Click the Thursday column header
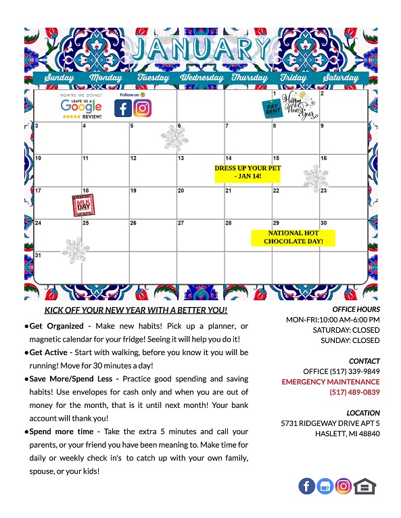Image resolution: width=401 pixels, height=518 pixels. [x=250, y=78]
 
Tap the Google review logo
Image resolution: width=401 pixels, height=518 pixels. [x=81, y=107]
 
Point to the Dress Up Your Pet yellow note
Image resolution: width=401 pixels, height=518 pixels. [x=247, y=172]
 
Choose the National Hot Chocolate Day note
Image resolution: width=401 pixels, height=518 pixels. [x=293, y=237]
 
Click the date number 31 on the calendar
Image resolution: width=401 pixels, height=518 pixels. [x=39, y=256]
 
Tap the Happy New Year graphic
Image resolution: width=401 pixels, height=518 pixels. [x=298, y=105]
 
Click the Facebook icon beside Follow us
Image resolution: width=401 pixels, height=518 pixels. [x=122, y=108]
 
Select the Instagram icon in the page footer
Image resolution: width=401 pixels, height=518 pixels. [x=344, y=486]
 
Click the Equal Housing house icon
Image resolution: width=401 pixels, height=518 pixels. [x=364, y=486]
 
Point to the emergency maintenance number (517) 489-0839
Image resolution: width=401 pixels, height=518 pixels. [x=354, y=392]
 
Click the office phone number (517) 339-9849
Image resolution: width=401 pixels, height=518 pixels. [x=341, y=371]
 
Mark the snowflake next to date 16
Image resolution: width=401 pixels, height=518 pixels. [x=315, y=179]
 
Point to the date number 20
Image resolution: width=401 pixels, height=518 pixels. [x=181, y=191]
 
